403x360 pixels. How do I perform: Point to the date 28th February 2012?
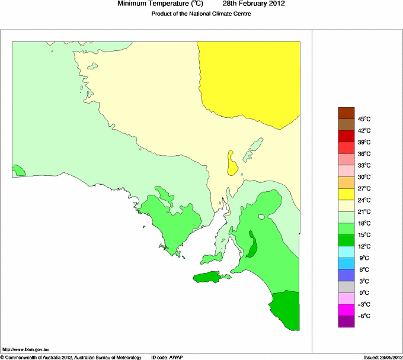point(250,4)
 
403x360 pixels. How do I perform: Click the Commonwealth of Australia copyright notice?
point(71,357)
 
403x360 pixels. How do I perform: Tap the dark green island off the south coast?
point(210,277)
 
